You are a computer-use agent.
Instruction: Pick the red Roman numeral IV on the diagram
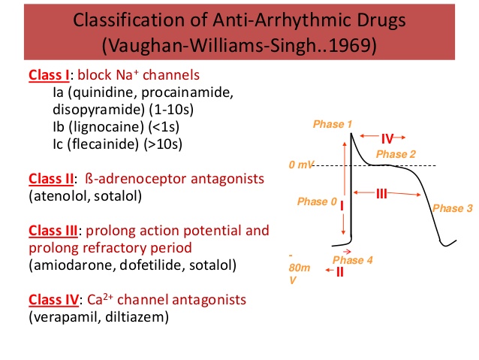(x=387, y=138)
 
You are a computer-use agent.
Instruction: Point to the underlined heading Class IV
(x=52, y=299)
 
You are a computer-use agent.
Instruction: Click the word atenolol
(x=58, y=196)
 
